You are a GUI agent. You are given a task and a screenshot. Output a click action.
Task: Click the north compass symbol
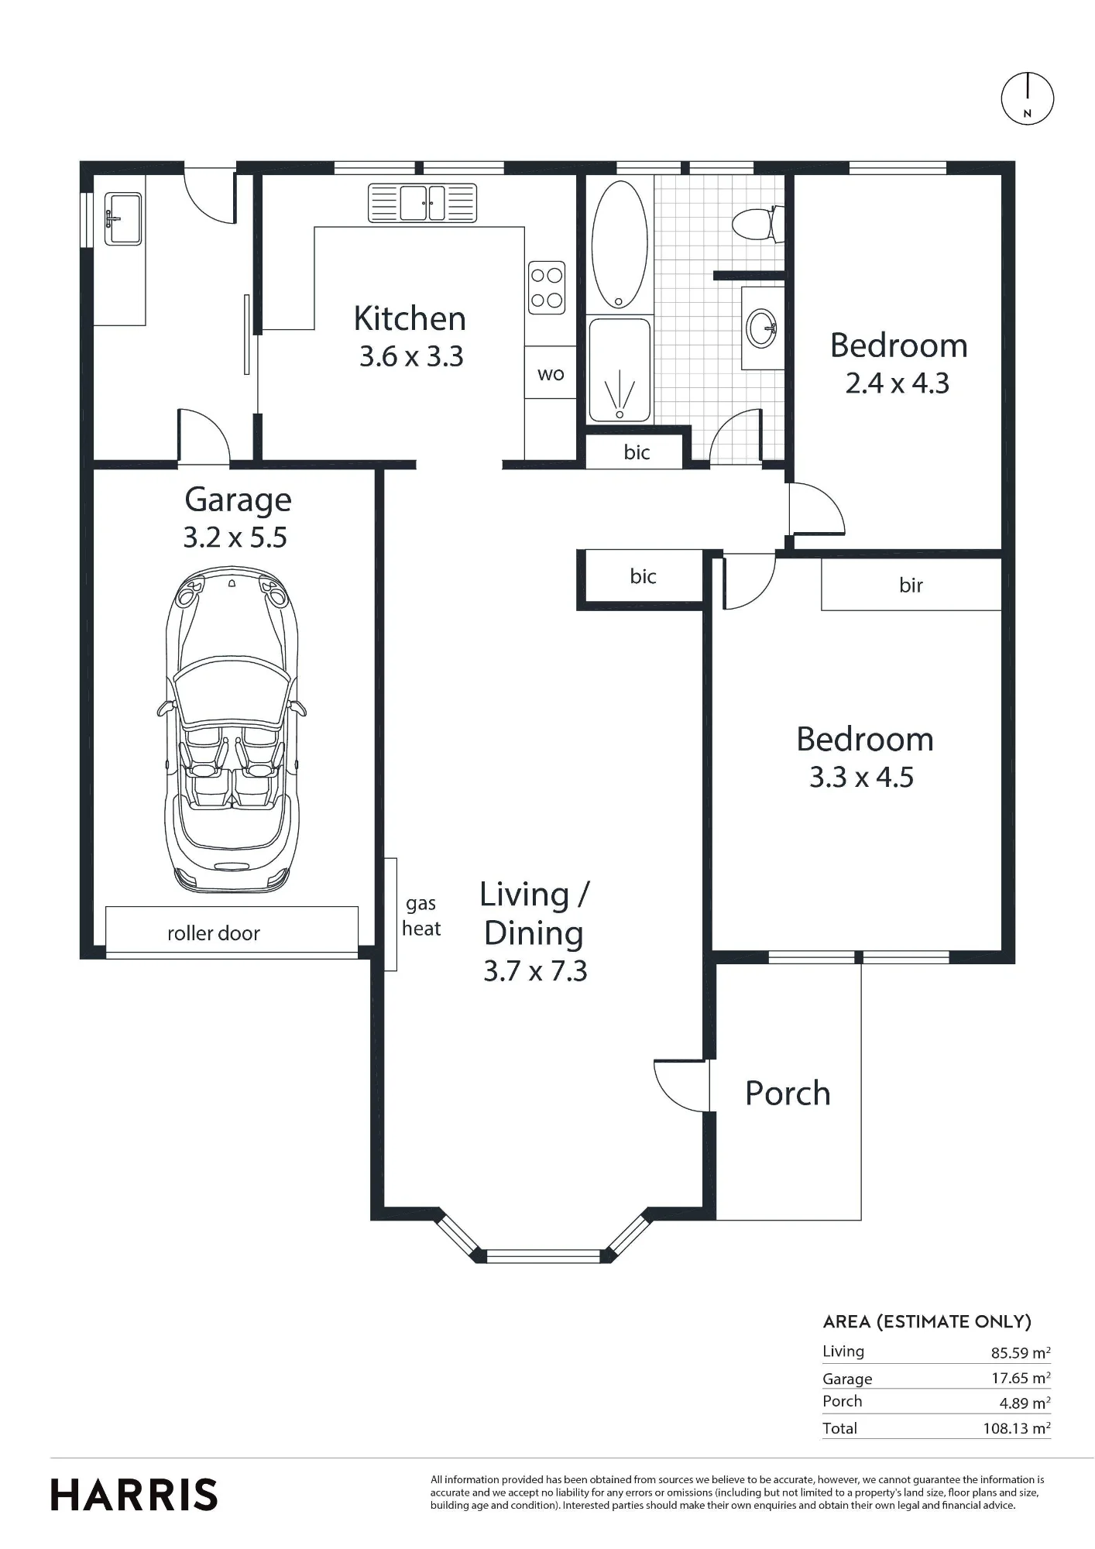1028,98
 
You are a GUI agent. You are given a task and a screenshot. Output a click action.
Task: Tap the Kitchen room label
410,318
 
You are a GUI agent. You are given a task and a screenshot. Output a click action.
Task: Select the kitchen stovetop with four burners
547,287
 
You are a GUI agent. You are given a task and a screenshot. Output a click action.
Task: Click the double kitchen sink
422,203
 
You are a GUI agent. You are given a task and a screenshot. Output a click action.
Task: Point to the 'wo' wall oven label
551,374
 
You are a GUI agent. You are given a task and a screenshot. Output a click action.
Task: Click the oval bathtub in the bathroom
620,245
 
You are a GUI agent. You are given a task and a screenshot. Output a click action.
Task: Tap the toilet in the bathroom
755,224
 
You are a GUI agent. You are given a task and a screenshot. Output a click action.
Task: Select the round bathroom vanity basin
762,328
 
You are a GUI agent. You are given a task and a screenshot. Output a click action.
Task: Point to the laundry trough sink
123,218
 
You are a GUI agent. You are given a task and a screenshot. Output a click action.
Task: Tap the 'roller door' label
214,933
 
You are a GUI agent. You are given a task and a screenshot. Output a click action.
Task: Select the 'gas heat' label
421,915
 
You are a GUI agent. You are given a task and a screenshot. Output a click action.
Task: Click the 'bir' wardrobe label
911,585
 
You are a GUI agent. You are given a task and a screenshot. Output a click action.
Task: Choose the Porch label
788,1093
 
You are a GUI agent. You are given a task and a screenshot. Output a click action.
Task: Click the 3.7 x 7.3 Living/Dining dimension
535,970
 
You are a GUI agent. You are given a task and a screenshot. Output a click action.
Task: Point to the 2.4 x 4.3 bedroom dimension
897,383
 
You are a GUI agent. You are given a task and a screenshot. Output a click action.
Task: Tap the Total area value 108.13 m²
1017,1427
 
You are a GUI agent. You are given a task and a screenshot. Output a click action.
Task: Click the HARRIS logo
134,1495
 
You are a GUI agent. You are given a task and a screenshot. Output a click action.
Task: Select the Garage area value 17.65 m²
1021,1378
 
